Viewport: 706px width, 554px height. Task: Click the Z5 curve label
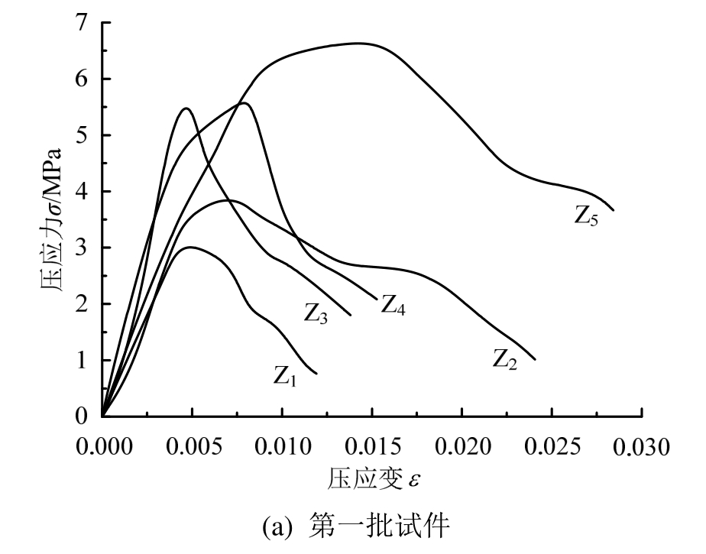tap(587, 216)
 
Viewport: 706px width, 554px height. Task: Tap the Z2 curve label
tap(505, 358)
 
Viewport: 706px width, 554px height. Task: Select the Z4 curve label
tap(393, 306)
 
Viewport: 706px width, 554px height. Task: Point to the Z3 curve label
tap(316, 313)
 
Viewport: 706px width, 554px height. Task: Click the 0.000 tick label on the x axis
tap(102, 445)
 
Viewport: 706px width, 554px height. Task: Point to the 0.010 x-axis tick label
tap(282, 445)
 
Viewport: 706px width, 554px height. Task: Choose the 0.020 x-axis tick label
tap(462, 445)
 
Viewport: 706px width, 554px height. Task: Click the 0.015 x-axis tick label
tap(372, 445)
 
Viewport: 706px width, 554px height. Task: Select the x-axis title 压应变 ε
tap(375, 479)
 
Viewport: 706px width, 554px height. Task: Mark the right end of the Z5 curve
tap(614, 210)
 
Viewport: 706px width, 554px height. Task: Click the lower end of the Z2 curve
tap(535, 359)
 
